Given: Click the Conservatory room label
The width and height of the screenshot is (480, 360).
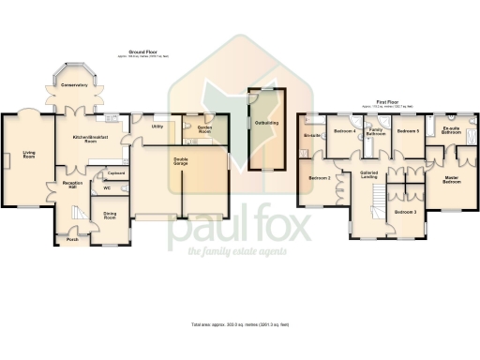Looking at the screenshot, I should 74,85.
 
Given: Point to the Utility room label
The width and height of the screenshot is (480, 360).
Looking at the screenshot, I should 157,126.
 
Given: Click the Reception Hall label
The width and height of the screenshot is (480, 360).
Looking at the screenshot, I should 73,185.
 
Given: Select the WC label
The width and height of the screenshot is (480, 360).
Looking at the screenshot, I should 107,187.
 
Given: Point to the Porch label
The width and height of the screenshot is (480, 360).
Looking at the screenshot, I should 73,239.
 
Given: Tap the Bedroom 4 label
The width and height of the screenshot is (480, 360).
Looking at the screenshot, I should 344,130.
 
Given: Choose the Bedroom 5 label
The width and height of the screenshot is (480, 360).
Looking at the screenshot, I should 406,130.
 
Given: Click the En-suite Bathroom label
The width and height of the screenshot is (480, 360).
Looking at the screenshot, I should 451,131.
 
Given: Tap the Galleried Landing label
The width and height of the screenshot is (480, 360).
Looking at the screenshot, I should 368,174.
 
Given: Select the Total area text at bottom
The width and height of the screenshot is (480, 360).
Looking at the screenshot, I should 239,324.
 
